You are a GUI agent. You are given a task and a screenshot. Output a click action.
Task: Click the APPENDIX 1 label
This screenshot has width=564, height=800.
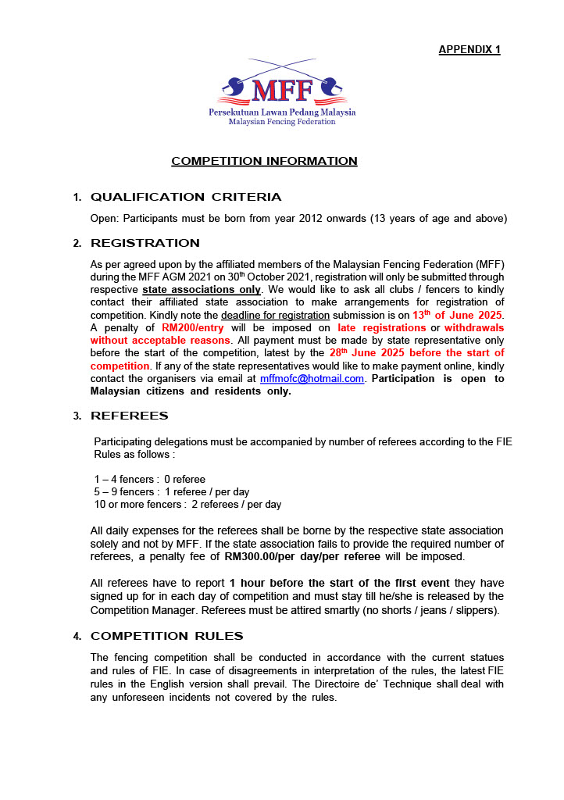coord(469,49)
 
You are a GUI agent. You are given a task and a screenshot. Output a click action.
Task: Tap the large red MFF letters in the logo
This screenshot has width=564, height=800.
coord(282,91)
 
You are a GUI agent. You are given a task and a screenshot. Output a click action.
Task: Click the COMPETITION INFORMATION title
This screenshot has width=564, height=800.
coord(264,161)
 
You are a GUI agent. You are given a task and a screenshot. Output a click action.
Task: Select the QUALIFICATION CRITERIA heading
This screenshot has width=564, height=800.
coord(186,197)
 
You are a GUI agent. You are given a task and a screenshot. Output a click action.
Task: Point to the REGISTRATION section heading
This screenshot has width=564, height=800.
coord(145,243)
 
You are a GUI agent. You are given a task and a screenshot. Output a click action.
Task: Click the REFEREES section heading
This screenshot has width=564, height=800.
coord(130,416)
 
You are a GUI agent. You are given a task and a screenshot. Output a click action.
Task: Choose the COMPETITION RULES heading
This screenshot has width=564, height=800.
coord(167,636)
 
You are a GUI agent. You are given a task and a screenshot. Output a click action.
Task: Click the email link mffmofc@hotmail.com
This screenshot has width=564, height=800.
coord(312,378)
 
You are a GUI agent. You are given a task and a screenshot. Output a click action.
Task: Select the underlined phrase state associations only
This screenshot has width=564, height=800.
coord(202,290)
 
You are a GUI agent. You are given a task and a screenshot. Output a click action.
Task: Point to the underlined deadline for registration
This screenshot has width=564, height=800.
coord(265,315)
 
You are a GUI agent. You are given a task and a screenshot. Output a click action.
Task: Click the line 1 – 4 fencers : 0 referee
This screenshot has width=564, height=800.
coord(150,479)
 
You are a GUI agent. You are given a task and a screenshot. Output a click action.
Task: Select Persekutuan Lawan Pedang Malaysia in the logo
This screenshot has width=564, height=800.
coord(282,112)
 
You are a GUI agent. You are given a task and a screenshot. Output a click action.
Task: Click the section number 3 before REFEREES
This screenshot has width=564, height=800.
coord(77,416)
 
